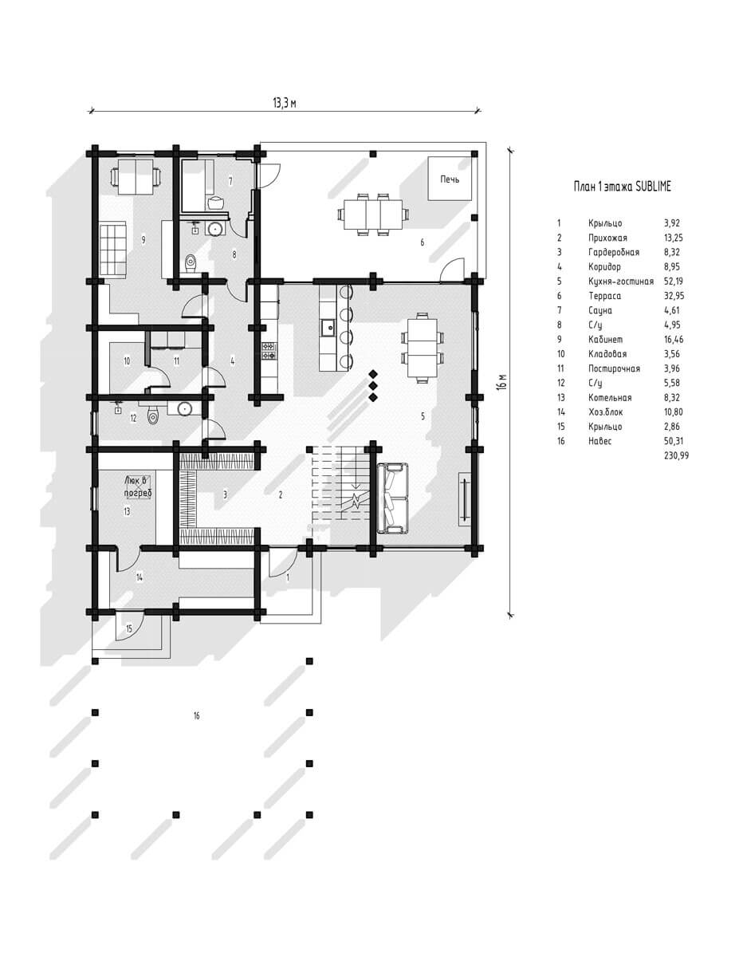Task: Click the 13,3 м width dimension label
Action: tap(284, 103)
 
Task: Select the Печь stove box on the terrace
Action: tap(450, 178)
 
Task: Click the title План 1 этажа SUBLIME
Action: tap(622, 187)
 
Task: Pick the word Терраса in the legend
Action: tap(604, 296)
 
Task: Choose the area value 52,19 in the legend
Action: tap(673, 281)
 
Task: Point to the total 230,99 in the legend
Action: tap(676, 455)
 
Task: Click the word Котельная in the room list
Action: tap(610, 398)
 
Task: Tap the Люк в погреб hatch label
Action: tap(138, 486)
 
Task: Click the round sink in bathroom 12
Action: tap(184, 408)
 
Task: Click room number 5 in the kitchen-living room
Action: tap(423, 416)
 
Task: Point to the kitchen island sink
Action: tap(327, 328)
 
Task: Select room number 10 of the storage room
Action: tap(127, 361)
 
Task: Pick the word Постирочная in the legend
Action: tap(614, 368)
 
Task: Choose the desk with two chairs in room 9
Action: tap(136, 177)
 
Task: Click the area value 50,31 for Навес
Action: tap(673, 441)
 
